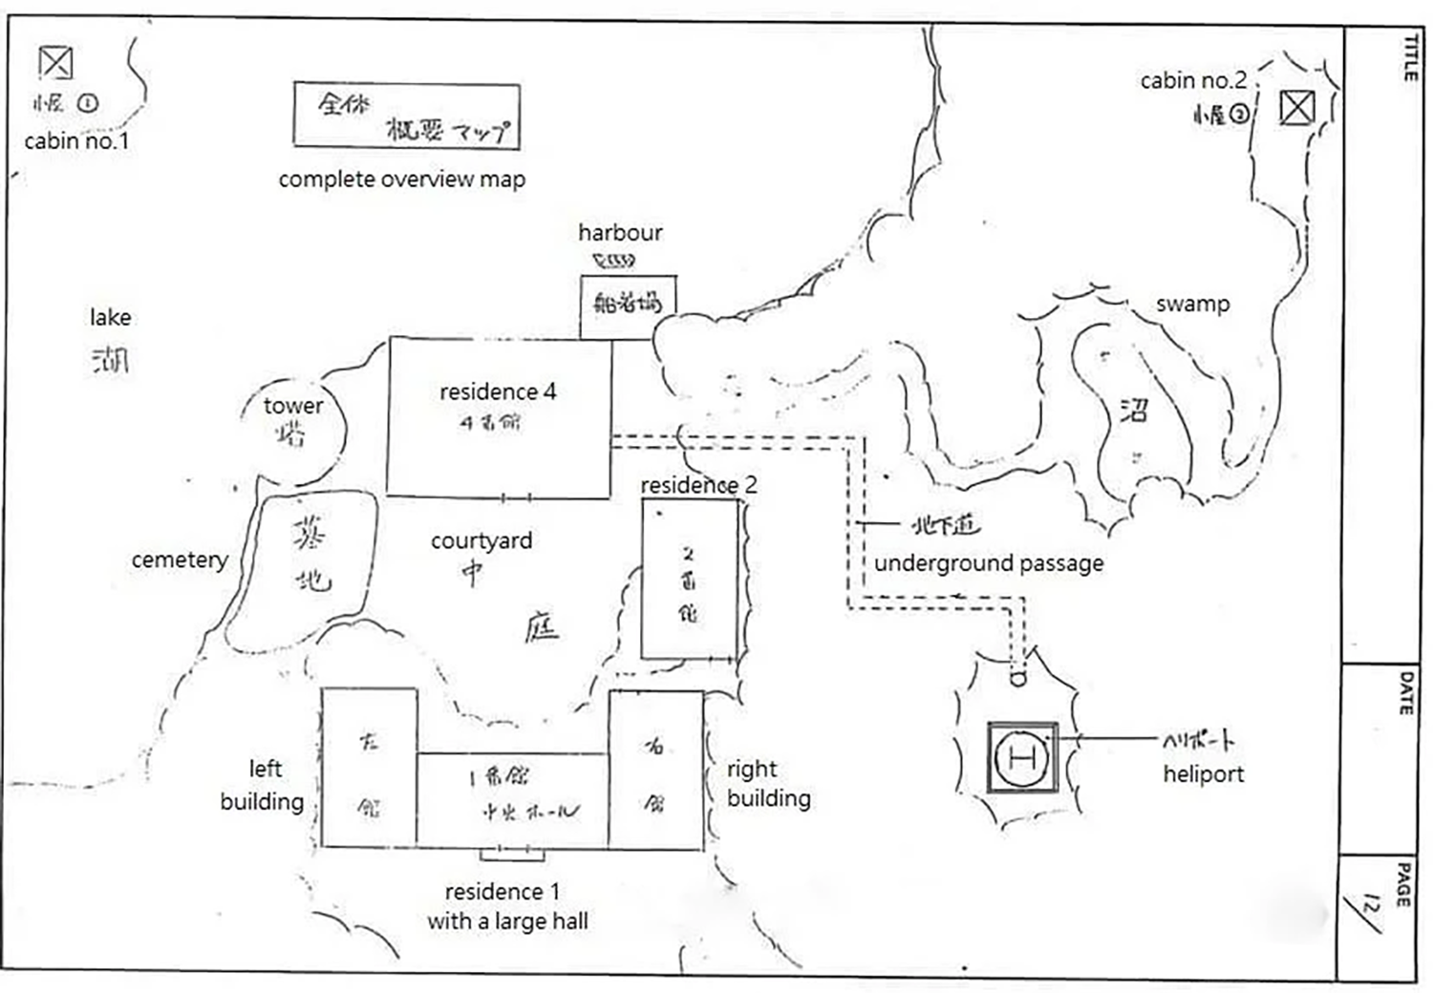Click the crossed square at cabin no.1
(55, 63)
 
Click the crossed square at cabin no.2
(1296, 108)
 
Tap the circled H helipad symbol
(1021, 758)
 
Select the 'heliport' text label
(1203, 774)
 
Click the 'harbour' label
(620, 232)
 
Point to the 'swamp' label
(1192, 304)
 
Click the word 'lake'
(111, 317)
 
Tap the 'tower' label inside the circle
(293, 406)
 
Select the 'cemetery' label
(180, 560)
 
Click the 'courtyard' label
(481, 540)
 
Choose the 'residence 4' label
(498, 391)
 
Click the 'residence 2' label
(698, 485)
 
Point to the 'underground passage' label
(989, 563)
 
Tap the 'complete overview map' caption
(401, 180)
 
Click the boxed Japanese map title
(407, 116)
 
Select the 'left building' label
(263, 785)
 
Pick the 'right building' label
(768, 783)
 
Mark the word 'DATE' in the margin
(1406, 694)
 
